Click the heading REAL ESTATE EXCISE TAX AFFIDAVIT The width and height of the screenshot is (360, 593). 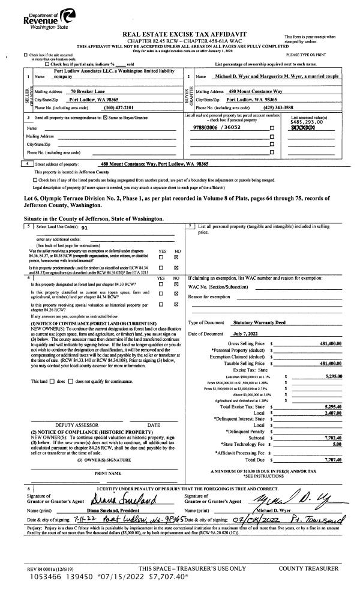[x=180, y=35]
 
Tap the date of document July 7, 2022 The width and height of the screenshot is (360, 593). [x=244, y=333]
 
